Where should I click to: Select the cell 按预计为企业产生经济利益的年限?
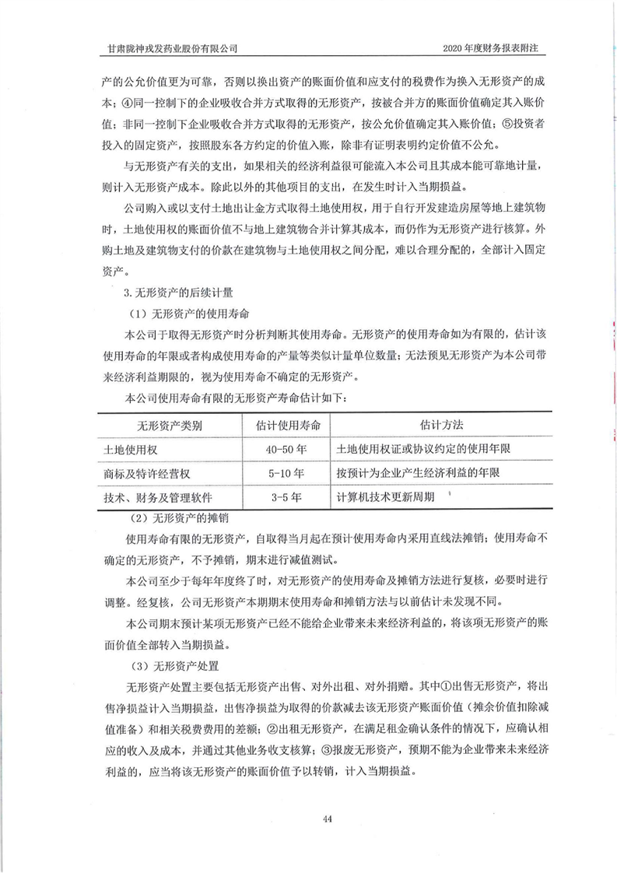point(417,473)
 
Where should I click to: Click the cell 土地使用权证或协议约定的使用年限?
point(422,450)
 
